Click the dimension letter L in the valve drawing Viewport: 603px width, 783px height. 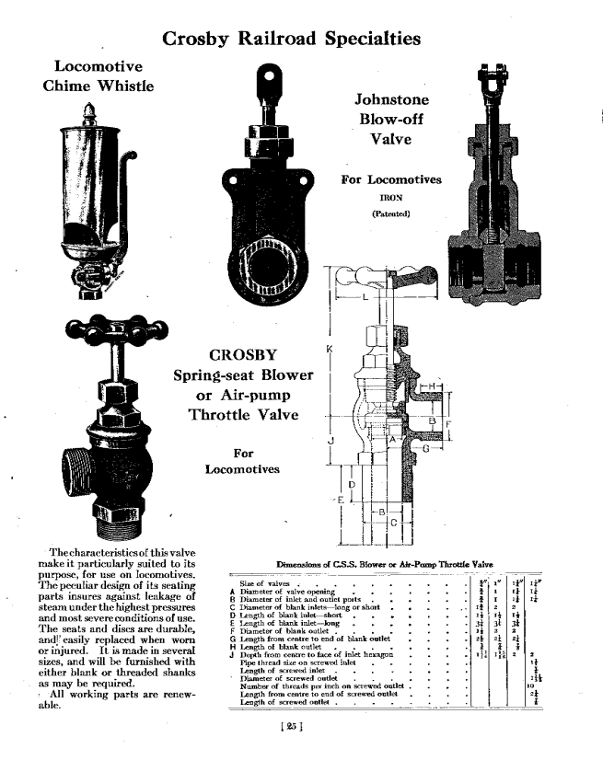[365, 298]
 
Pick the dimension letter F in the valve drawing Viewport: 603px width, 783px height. [449, 426]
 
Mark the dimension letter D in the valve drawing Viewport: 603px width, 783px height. [351, 484]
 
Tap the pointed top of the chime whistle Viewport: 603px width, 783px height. [90, 109]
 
